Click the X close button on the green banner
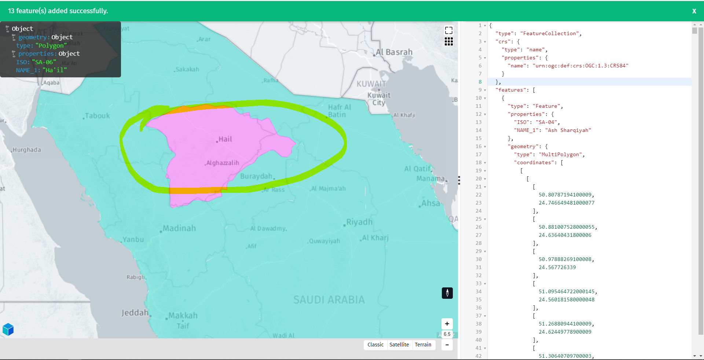pos(694,11)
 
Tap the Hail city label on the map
pos(225,139)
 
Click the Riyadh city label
pos(359,222)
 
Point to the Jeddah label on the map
pos(135,313)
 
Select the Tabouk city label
pos(97,116)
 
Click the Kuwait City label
pos(379,99)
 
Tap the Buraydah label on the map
pos(256,176)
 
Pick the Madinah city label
pos(179,228)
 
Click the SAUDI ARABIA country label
pos(329,300)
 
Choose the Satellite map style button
pos(399,345)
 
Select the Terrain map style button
pos(423,345)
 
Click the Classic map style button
pos(375,345)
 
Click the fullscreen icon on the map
pos(448,30)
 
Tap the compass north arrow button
pos(447,293)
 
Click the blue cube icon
pos(8,330)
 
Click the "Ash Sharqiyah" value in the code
pos(568,130)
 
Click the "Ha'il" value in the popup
pos(55,70)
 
